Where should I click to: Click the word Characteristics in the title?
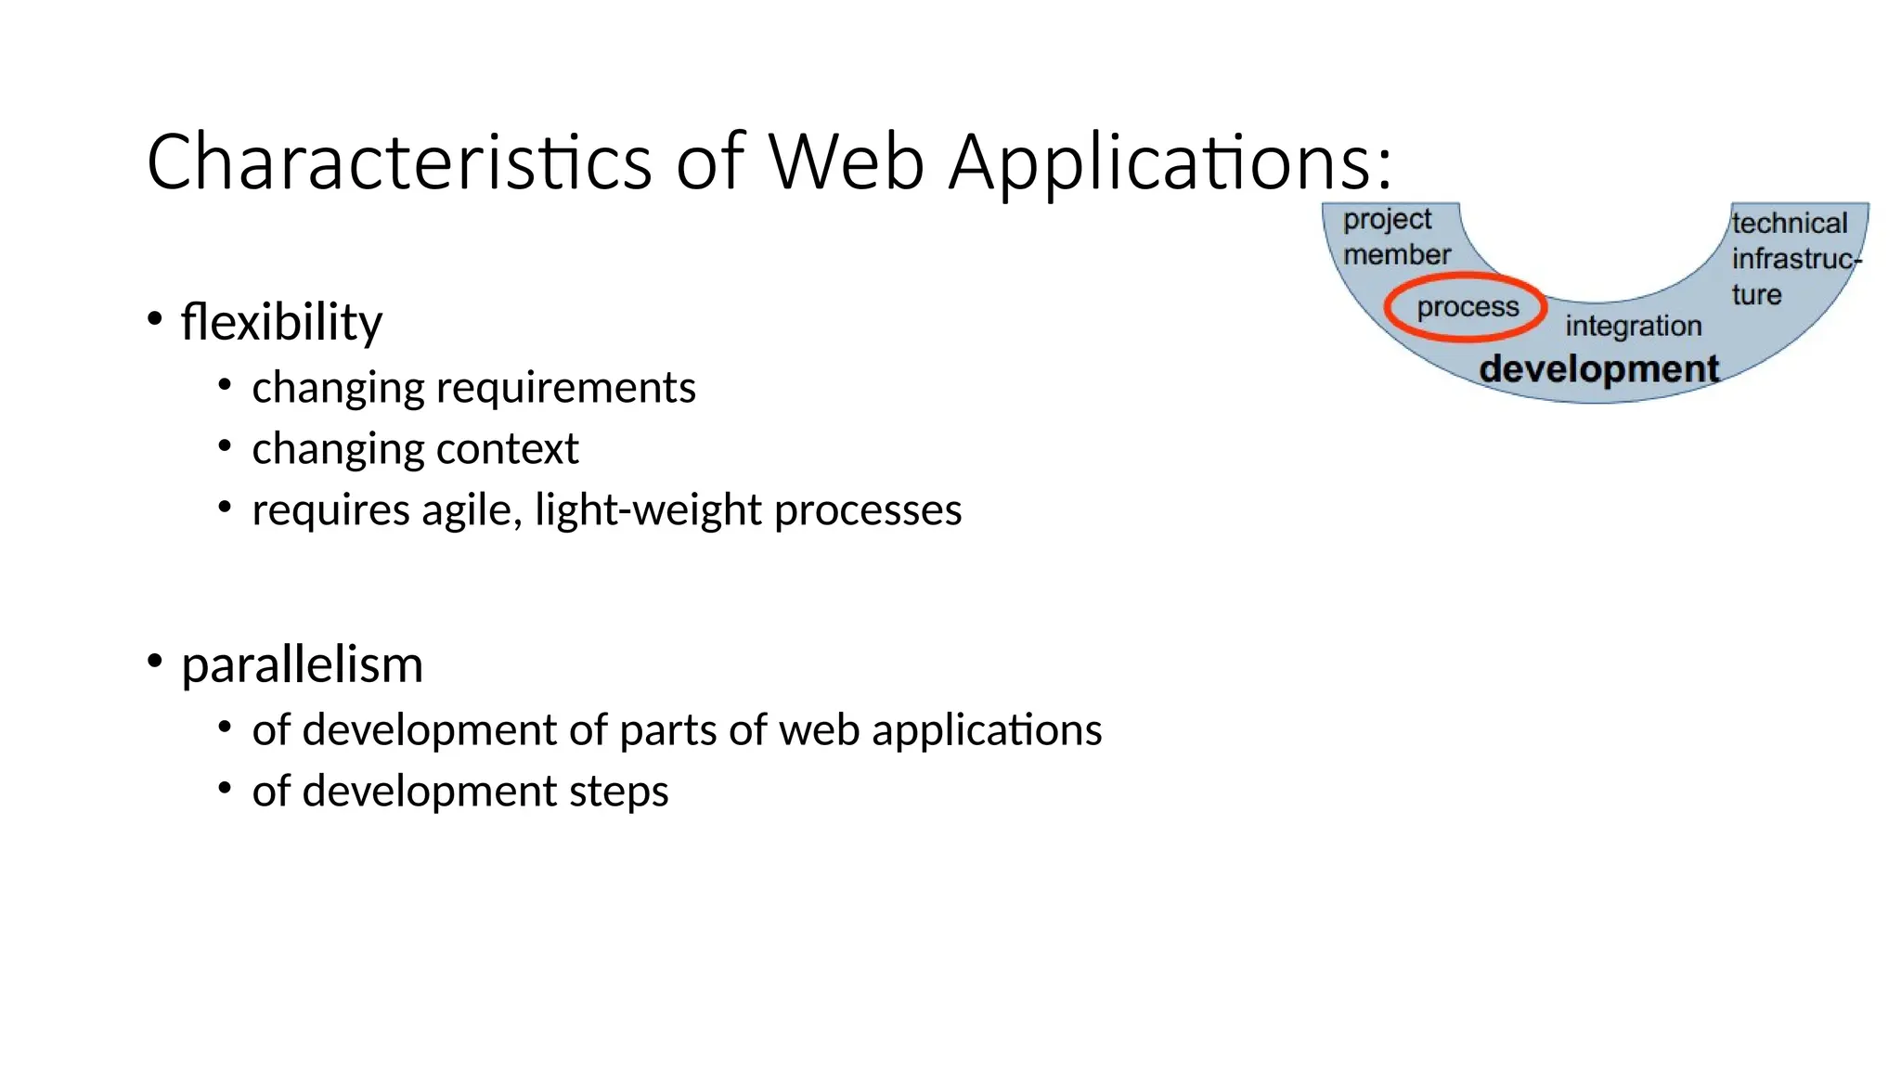click(399, 162)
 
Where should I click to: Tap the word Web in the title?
click(847, 162)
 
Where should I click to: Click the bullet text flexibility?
click(281, 322)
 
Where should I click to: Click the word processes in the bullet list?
click(868, 510)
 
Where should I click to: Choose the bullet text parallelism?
click(302, 664)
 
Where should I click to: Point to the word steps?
click(618, 792)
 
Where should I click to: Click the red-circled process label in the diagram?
click(1467, 307)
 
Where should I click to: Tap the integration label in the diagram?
click(1633, 326)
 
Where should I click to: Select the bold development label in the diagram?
click(1598, 369)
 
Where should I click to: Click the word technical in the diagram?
click(1789, 224)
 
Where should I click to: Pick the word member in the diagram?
click(1396, 254)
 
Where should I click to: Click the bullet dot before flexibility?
click(155, 318)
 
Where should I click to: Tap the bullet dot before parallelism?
click(155, 661)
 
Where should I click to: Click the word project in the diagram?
click(1387, 220)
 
